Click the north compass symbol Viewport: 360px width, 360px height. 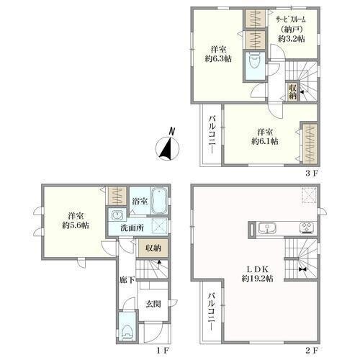pos(168,146)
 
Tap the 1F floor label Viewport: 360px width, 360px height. pos(163,351)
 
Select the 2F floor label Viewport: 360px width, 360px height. pos(312,351)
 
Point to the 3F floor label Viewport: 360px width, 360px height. pos(312,174)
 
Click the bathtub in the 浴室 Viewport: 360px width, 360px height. pos(160,201)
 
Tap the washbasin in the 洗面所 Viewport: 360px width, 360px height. pos(117,215)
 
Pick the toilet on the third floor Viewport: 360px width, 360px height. pos(255,63)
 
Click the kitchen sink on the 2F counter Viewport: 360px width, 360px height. pos(267,228)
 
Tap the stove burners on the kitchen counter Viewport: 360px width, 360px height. pos(307,228)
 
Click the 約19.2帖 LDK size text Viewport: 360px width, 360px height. pos(257,279)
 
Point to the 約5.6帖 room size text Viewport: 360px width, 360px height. pos(76,225)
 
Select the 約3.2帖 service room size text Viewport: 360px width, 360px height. pos(292,39)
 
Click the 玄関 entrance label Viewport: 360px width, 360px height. pos(153,304)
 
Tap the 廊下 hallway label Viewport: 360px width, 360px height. pos(127,279)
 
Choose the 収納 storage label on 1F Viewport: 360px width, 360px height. pos(153,248)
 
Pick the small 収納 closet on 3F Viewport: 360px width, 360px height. pos(292,91)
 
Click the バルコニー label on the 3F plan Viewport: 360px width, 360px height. pos(212,135)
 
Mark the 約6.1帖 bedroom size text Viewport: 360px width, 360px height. pos(265,141)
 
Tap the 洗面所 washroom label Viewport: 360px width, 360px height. pos(132,228)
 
